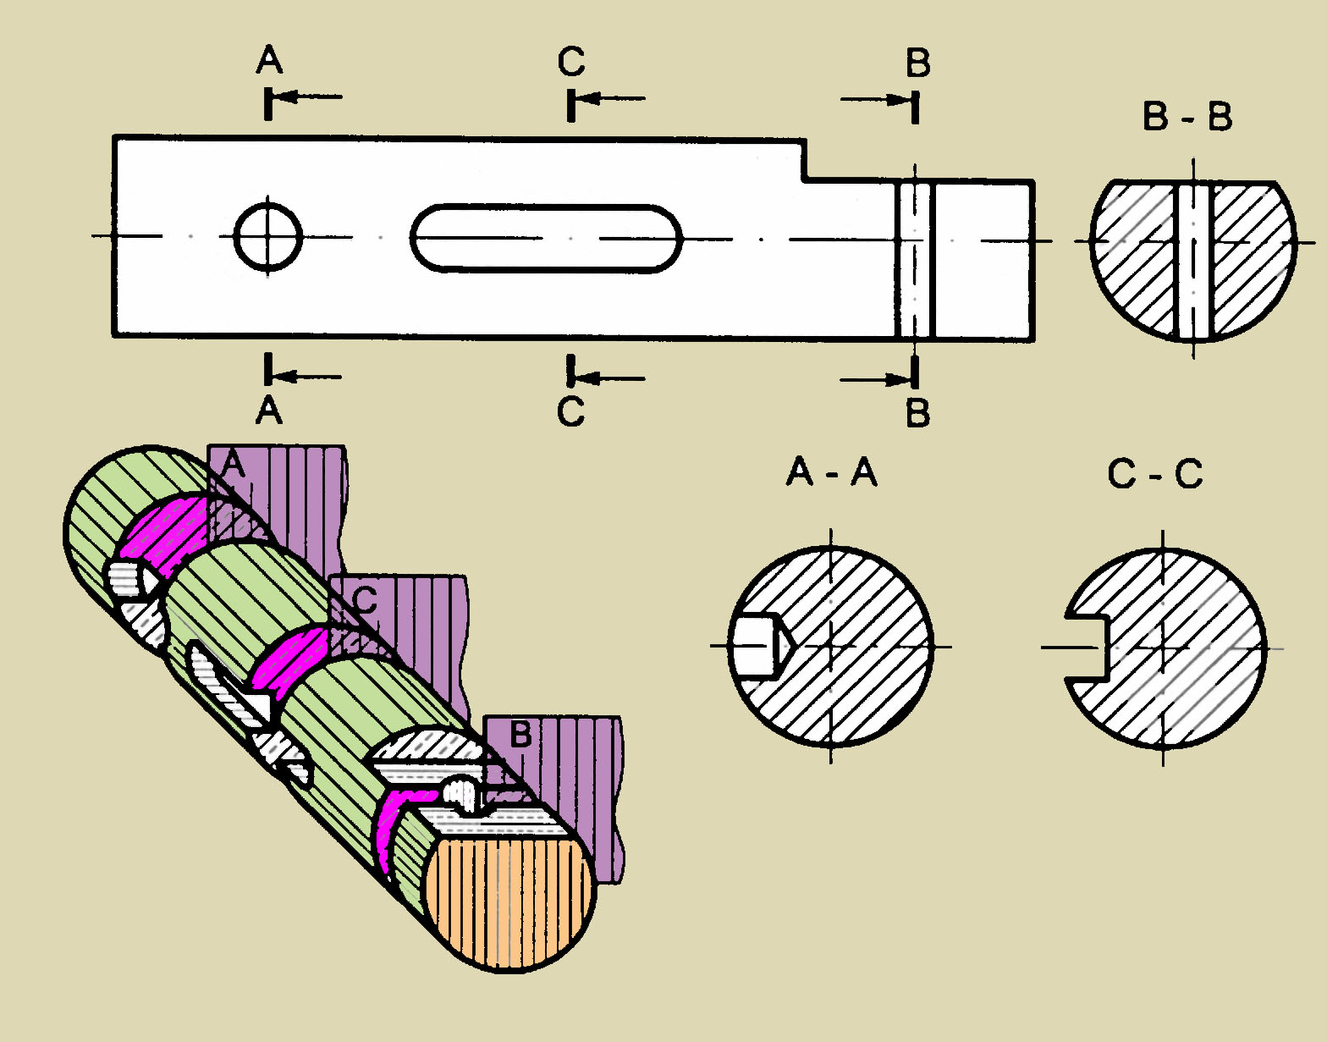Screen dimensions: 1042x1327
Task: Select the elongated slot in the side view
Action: [547, 238]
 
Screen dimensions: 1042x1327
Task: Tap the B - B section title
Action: [1187, 117]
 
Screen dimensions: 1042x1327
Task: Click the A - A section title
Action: [831, 471]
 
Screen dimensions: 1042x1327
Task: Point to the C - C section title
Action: [1154, 474]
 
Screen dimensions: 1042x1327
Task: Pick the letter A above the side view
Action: [269, 60]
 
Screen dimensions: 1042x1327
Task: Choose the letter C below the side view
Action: [571, 411]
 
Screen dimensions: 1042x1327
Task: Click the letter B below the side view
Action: [917, 413]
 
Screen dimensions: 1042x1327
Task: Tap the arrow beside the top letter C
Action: [614, 98]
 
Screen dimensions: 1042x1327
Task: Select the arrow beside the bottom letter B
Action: [876, 379]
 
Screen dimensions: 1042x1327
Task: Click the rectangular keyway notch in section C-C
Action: [1086, 648]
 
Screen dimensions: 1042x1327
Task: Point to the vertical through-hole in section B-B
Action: [1194, 258]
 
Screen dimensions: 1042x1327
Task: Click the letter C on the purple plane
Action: [365, 600]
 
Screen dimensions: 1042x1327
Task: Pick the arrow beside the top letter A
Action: [309, 96]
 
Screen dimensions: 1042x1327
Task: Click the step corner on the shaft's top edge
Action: [805, 179]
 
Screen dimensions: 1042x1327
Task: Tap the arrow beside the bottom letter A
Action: [309, 377]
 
